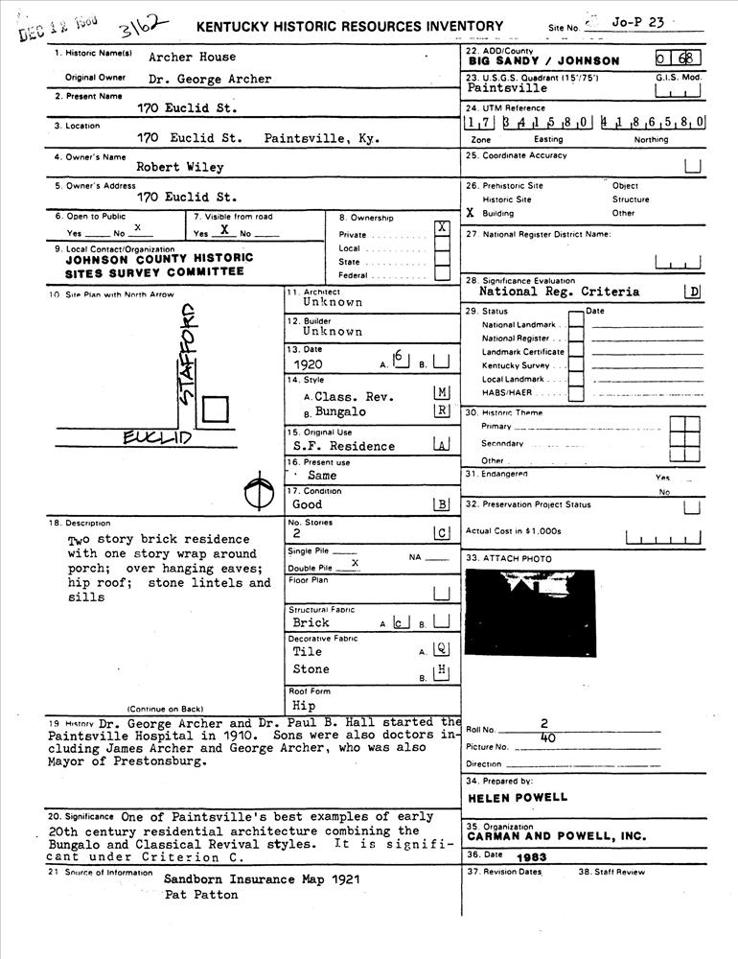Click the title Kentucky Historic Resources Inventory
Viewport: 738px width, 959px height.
tap(349, 27)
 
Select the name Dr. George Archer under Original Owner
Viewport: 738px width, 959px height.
tap(210, 80)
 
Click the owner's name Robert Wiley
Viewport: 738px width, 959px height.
tap(180, 167)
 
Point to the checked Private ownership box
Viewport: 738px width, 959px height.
tap(442, 227)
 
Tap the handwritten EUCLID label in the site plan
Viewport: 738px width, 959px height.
tap(158, 438)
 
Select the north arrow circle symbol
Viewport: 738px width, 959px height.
tap(255, 493)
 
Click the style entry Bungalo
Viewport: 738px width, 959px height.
tap(341, 412)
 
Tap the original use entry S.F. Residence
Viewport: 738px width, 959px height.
tap(344, 446)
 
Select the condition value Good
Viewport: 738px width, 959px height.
tap(308, 504)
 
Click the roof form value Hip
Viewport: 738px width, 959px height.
tap(304, 706)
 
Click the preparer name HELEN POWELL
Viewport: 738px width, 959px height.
tap(518, 797)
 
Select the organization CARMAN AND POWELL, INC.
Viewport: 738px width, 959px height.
tap(556, 836)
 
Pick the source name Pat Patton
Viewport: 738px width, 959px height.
tap(200, 895)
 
